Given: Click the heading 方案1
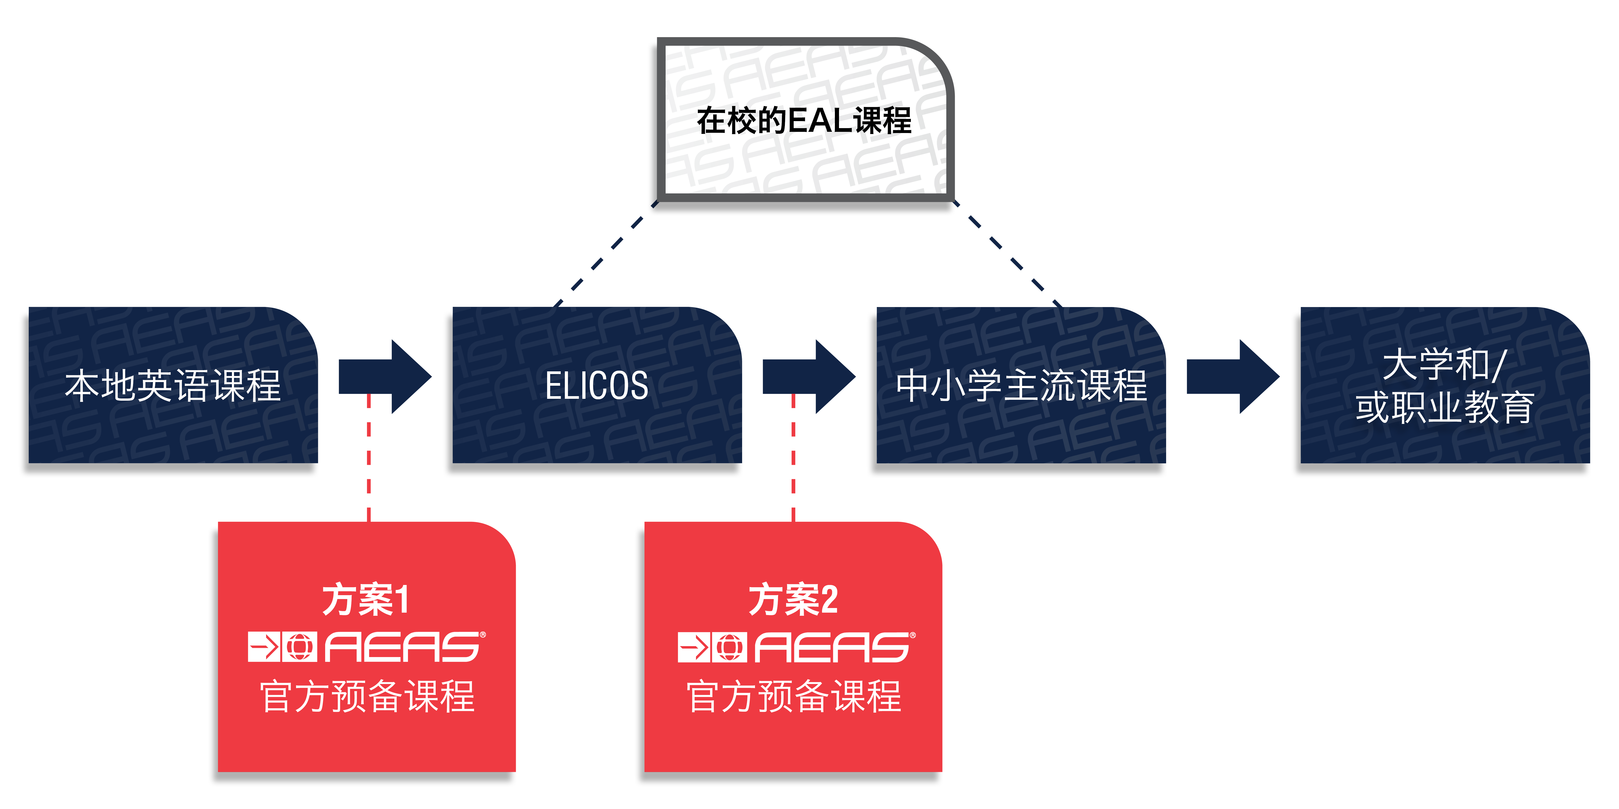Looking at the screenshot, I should click(x=366, y=600).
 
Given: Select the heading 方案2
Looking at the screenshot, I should click(x=793, y=600).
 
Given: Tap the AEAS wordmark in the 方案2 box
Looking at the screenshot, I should click(x=833, y=647).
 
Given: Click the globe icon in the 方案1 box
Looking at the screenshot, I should click(x=299, y=647).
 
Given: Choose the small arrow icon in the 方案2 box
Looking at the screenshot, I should click(x=694, y=647).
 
